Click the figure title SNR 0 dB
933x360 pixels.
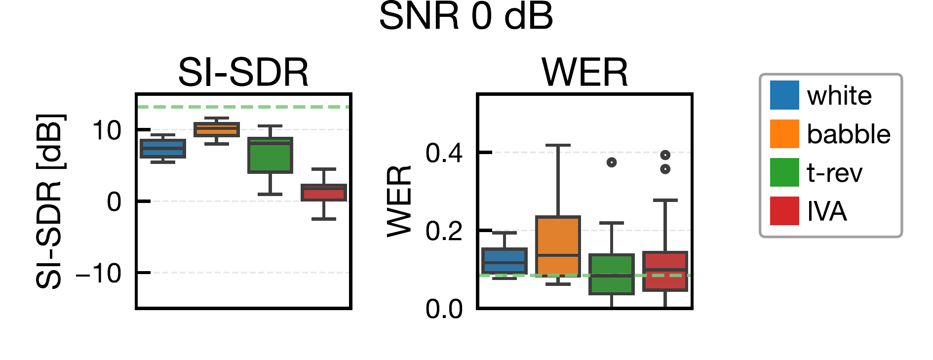tap(466, 17)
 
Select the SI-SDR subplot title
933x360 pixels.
tap(243, 73)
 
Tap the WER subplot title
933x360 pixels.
tap(584, 73)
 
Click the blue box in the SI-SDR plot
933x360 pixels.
tap(163, 148)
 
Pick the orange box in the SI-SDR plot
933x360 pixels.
tap(217, 129)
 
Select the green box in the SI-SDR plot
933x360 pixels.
tap(270, 155)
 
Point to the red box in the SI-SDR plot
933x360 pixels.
tap(324, 192)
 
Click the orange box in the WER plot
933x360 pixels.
tap(558, 246)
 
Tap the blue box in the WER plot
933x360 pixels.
tap(504, 261)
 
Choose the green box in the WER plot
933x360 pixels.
tap(612, 274)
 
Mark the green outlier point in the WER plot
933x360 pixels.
tap(612, 162)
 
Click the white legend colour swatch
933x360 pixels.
tap(784, 95)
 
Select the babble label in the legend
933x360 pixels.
tap(848, 134)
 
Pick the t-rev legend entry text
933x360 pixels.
tap(834, 173)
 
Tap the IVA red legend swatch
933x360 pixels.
tap(784, 211)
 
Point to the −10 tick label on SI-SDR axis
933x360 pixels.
tap(98, 273)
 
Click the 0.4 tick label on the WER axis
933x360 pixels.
tap(444, 153)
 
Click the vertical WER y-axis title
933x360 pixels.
tap(399, 201)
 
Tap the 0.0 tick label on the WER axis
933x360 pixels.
tap(444, 309)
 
